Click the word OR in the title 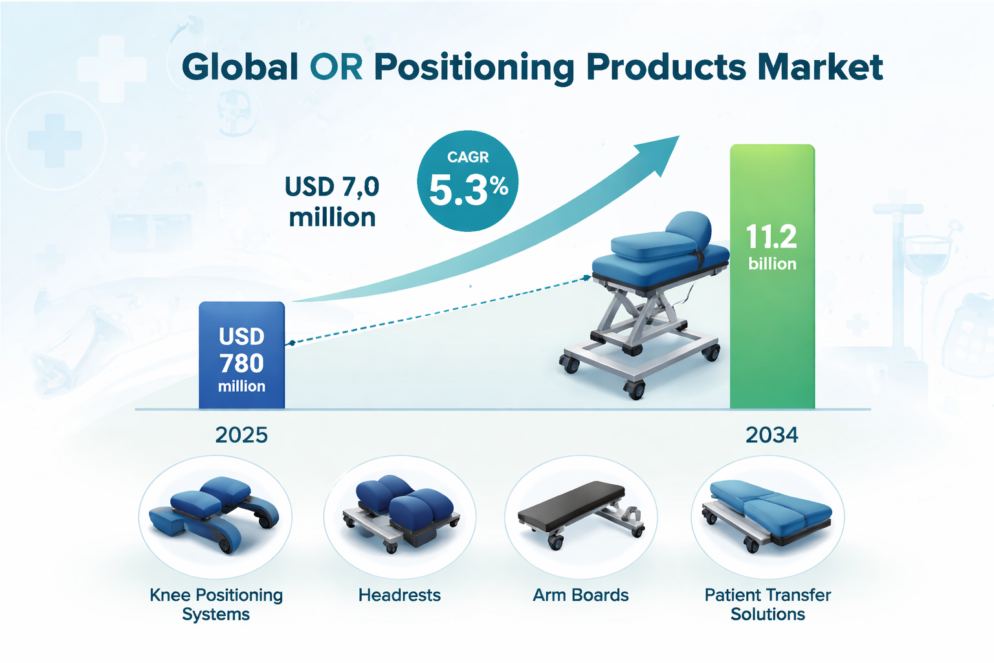336,67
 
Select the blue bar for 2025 242,355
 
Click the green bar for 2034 772,276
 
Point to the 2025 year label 241,434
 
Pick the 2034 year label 771,434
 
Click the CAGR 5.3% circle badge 468,181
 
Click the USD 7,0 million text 332,201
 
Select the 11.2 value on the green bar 771,236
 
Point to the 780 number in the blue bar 241,363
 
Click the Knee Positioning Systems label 216,604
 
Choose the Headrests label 399,595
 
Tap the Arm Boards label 580,595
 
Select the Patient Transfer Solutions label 768,604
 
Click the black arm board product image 581,515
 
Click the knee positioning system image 214,515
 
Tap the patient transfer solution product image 767,516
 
